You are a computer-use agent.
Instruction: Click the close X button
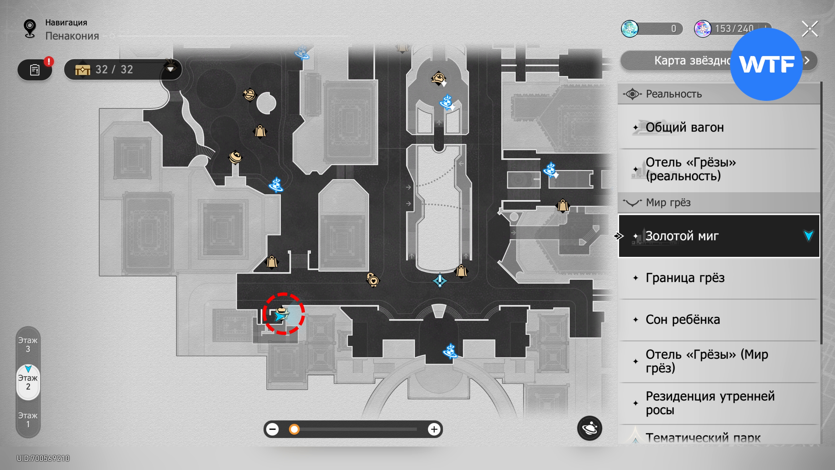click(x=810, y=29)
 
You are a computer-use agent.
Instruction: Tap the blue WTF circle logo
click(x=766, y=64)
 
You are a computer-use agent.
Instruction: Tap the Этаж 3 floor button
click(x=28, y=345)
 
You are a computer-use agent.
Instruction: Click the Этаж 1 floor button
click(x=28, y=420)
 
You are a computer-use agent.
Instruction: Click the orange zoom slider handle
click(x=294, y=429)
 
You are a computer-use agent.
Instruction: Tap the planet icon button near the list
click(x=589, y=428)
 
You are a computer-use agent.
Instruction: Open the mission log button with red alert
click(x=35, y=70)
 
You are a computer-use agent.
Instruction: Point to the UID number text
click(x=43, y=458)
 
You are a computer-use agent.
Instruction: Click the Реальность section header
click(x=674, y=94)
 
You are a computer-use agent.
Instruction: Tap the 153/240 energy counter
click(x=734, y=29)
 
